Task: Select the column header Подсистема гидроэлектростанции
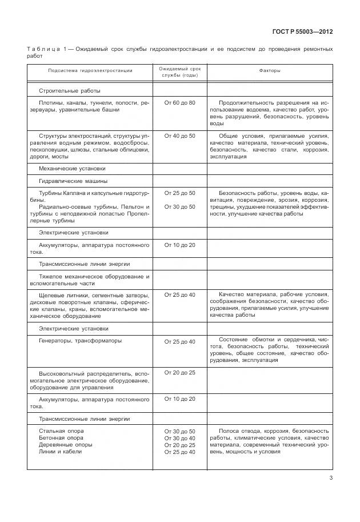90,71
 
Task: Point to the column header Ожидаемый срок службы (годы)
179,71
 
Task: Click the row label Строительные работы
70,90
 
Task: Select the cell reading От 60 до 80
179,102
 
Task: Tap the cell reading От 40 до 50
179,136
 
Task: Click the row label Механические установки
72,169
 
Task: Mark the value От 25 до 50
179,193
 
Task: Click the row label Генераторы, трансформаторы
72,341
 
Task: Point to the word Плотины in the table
51,102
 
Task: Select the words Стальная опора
61,431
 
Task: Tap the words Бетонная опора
61,438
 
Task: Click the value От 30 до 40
179,438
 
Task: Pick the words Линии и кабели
60,452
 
